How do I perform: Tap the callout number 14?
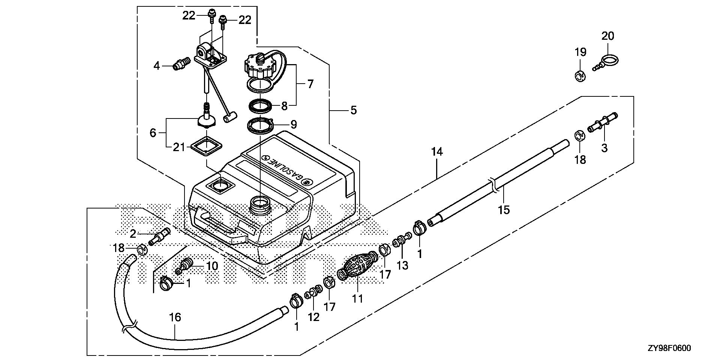437,152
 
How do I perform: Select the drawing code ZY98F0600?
669,348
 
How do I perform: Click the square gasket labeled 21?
206,147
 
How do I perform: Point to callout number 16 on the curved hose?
175,317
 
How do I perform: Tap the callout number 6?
153,133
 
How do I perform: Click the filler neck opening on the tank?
259,205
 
